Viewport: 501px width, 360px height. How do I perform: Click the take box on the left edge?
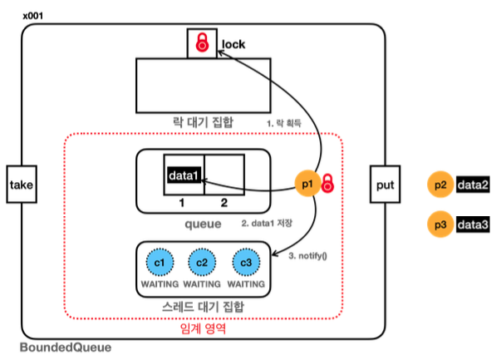[x=22, y=184]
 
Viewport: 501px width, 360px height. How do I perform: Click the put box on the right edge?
[x=385, y=184]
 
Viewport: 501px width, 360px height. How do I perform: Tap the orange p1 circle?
[x=307, y=183]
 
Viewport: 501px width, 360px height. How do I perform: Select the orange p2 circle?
[x=440, y=185]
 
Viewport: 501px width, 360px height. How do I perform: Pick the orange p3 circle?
[x=440, y=224]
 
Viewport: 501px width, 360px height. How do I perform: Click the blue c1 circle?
[x=160, y=262]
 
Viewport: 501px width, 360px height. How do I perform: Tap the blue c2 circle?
[x=202, y=262]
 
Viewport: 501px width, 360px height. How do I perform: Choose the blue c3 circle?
[x=246, y=262]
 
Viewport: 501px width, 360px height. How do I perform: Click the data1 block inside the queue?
[x=184, y=175]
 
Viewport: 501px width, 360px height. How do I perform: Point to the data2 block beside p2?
[x=473, y=185]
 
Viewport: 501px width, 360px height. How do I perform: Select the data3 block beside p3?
[x=473, y=224]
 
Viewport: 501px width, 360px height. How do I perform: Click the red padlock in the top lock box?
[x=202, y=42]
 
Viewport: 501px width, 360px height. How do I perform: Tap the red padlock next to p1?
[x=327, y=183]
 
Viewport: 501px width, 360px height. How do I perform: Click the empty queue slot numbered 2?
[x=224, y=175]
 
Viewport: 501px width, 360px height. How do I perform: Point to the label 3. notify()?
[x=307, y=256]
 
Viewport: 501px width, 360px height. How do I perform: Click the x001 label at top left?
[x=32, y=16]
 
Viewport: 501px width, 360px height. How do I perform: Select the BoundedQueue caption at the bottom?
[x=66, y=348]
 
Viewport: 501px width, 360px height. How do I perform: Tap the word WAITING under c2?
[x=202, y=284]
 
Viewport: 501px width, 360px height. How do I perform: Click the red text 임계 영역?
[x=204, y=328]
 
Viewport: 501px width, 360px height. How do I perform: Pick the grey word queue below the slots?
[x=204, y=224]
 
